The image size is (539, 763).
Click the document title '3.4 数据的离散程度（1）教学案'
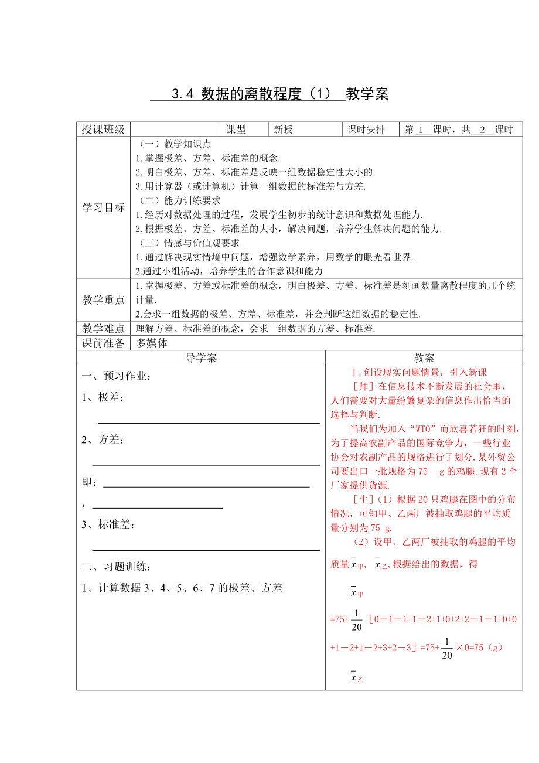tap(269, 94)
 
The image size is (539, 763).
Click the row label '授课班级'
tap(103, 130)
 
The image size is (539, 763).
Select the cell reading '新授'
tap(284, 130)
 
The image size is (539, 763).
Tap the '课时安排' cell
tap(366, 130)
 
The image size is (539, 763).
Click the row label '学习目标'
tap(103, 207)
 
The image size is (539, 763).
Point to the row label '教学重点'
tap(103, 299)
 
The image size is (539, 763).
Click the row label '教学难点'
tap(103, 329)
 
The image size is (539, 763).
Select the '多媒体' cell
tap(152, 343)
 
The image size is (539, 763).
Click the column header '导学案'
tap(201, 358)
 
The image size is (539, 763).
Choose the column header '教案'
tap(424, 358)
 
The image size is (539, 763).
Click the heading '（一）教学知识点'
tap(173, 144)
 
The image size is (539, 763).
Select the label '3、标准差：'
tap(108, 524)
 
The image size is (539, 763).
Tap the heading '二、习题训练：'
tap(117, 567)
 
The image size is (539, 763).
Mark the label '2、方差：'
tap(103, 440)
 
